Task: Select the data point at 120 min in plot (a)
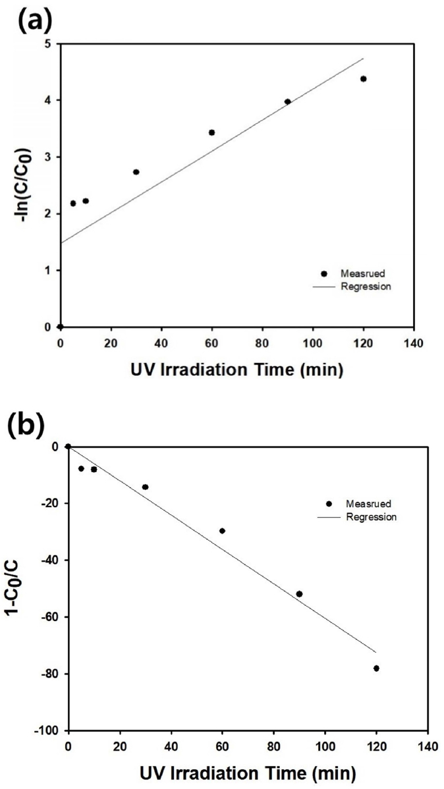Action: pyautogui.click(x=363, y=79)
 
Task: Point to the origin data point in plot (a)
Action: pyautogui.click(x=60, y=327)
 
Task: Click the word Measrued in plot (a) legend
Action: pyautogui.click(x=360, y=274)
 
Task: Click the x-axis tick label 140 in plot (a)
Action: pyautogui.click(x=413, y=342)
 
